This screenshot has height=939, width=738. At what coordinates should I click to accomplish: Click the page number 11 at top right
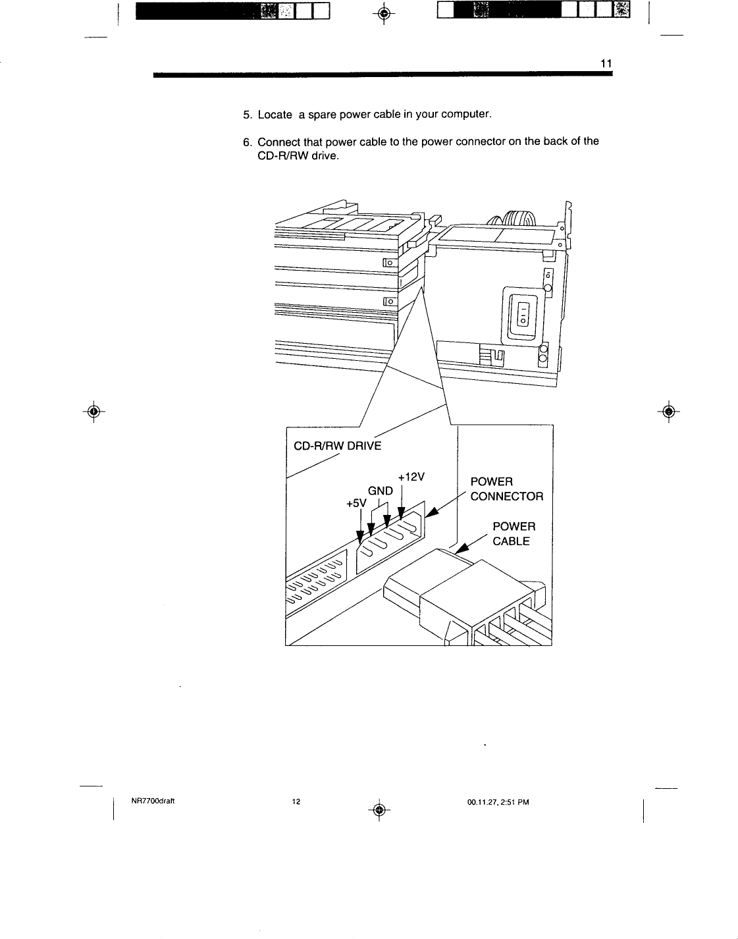pos(606,63)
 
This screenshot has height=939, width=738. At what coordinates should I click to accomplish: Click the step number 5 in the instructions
pos(246,115)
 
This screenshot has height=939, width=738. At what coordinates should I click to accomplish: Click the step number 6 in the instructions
pos(246,142)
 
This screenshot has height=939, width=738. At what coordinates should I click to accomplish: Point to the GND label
pos(380,491)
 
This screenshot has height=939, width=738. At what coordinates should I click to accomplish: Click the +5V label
pos(356,504)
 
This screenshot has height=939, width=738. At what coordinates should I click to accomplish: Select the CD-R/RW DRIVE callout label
pos(337,446)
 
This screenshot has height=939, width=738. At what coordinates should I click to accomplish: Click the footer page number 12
pos(296,801)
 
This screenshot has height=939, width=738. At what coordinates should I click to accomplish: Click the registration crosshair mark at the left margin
pos(95,411)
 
